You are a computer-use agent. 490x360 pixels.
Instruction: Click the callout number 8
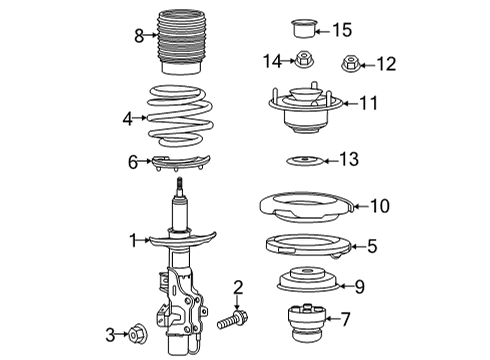(x=139, y=35)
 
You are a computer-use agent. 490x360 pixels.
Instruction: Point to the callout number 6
(x=133, y=162)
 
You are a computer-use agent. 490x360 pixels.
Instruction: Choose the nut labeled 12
(x=350, y=64)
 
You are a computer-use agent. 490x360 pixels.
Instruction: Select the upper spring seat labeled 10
(x=306, y=208)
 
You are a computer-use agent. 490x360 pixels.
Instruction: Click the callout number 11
(x=371, y=102)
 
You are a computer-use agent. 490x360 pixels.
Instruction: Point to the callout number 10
(x=378, y=206)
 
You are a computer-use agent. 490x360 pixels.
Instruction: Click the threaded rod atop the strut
(x=180, y=187)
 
